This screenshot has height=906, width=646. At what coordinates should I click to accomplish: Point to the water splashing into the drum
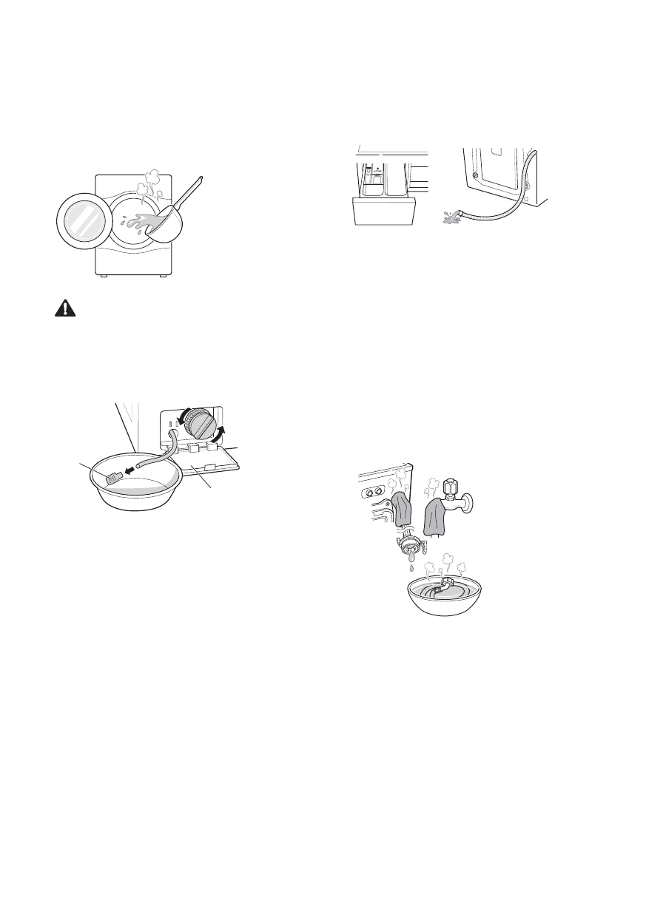coord(133,222)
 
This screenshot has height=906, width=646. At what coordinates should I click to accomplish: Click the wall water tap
coord(453,496)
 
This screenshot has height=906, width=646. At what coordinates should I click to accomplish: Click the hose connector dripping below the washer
coord(408,547)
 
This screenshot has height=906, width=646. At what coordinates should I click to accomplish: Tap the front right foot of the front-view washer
coord(162,276)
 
